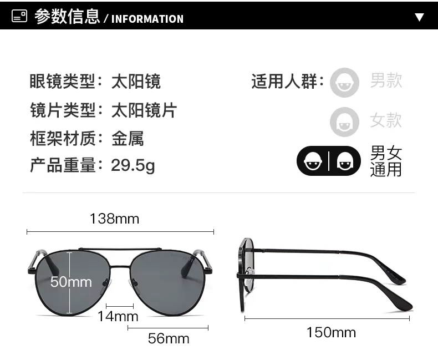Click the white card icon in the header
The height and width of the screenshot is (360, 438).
[x=19, y=16]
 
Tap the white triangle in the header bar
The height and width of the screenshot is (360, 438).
[x=419, y=17]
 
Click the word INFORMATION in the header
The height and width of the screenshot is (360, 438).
[x=147, y=19]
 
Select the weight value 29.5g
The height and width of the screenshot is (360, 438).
[x=133, y=165]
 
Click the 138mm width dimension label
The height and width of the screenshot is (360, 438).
[x=115, y=219]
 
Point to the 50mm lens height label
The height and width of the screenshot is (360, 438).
[x=71, y=281]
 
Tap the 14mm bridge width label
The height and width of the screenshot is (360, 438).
[x=118, y=316]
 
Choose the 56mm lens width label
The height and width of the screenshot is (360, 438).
[x=169, y=338]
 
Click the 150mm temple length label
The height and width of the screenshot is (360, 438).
[x=332, y=332]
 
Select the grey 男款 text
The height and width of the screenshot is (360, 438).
[x=386, y=80]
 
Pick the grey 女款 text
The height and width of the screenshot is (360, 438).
[x=386, y=120]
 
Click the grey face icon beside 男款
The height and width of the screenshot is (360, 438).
[x=344, y=83]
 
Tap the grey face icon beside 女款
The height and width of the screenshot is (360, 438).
[x=344, y=122]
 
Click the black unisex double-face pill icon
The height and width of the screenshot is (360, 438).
[x=329, y=161]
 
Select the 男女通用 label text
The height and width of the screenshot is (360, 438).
[x=386, y=161]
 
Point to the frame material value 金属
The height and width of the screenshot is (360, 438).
[x=128, y=138]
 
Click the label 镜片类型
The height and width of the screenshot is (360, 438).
[x=63, y=110]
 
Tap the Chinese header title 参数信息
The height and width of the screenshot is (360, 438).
[x=67, y=16]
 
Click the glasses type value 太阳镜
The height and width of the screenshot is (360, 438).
[x=136, y=82]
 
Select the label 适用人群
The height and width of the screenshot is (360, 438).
[x=284, y=82]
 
